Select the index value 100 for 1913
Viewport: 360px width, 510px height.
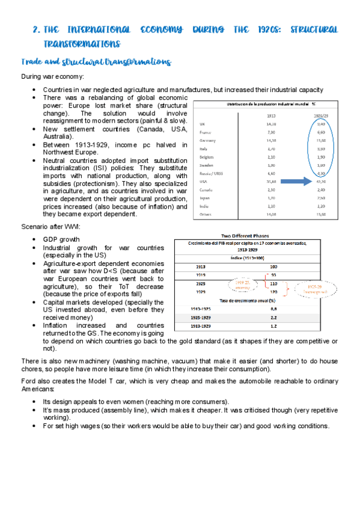coord(273,266)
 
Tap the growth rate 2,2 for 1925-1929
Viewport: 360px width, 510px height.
coord(273,315)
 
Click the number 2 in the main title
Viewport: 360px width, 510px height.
coord(35,29)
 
